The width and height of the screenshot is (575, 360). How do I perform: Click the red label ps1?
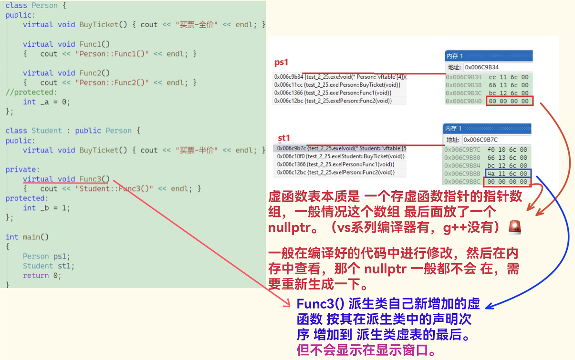click(281, 62)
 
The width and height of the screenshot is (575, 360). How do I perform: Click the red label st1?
click(284, 138)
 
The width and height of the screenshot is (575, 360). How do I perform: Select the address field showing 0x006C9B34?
click(496, 67)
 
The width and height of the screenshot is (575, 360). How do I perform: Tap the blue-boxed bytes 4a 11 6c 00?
click(506, 174)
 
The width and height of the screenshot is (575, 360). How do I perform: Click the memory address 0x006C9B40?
click(463, 101)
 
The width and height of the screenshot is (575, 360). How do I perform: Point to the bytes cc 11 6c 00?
click(509, 77)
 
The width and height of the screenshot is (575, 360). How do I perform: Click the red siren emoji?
click(515, 227)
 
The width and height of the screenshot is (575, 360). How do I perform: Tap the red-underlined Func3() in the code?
click(94, 179)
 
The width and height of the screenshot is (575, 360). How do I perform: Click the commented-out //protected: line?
click(31, 92)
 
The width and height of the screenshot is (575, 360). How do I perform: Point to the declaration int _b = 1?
click(46, 208)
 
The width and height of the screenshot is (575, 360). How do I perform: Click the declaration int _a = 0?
click(46, 102)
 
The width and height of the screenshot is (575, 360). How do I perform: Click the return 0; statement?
click(42, 276)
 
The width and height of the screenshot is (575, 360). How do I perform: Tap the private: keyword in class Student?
click(21, 169)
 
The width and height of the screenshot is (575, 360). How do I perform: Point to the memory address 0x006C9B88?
click(462, 174)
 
